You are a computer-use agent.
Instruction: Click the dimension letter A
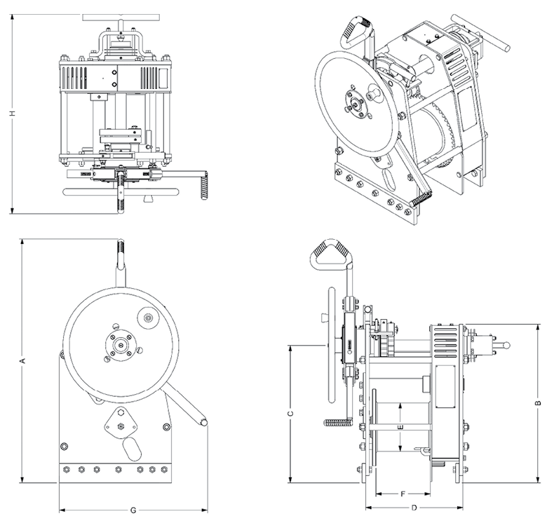23,361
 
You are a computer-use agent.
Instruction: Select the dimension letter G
133,509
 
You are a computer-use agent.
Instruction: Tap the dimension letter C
290,414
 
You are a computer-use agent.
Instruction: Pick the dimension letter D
414,507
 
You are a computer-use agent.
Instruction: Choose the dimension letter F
403,494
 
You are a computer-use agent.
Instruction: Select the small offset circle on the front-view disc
147,319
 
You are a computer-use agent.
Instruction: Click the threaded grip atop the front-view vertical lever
121,251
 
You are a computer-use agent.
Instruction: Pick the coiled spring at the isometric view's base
419,200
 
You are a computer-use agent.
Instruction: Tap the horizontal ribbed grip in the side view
339,423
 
